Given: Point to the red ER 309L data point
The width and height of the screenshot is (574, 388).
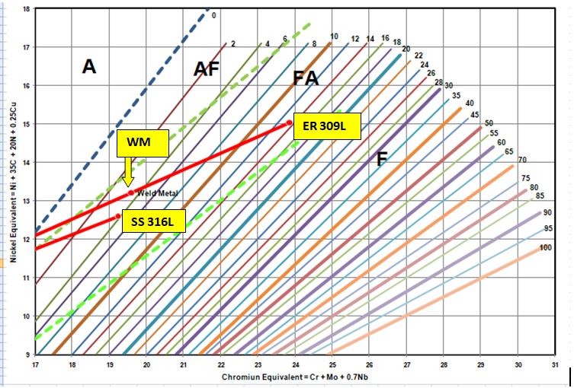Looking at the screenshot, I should [290, 123].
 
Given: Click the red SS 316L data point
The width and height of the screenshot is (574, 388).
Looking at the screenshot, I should [118, 216].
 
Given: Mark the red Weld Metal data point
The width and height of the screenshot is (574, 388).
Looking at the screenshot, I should [131, 192].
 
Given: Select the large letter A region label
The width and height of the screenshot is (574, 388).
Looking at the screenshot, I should [89, 67].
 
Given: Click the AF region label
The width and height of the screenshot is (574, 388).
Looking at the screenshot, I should [206, 69].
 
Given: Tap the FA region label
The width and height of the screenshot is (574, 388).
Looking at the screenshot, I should [306, 78].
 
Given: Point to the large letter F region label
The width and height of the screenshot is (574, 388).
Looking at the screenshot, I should [382, 158].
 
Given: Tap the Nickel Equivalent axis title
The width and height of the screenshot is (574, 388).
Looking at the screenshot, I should [11, 183].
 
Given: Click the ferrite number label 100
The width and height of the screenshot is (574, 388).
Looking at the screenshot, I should [545, 248].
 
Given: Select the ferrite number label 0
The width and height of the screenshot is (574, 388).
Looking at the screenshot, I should [214, 15].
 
